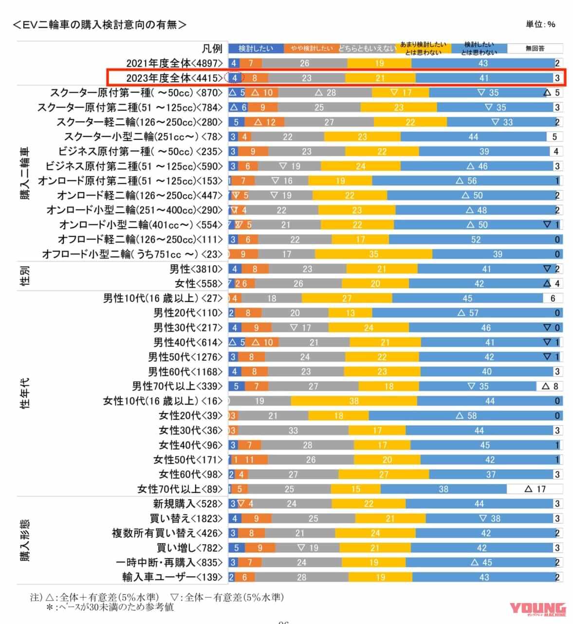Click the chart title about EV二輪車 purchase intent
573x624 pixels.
[100, 24]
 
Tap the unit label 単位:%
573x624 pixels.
[540, 24]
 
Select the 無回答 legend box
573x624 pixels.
[535, 49]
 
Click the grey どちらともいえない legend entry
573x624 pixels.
[367, 49]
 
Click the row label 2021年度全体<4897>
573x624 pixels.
[174, 63]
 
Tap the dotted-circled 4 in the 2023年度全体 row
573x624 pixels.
[235, 78]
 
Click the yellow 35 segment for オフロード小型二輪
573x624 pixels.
[373, 254]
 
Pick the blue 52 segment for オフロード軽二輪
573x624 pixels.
[475, 239]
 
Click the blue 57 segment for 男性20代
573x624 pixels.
[467, 313]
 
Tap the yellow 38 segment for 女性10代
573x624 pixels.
[354, 401]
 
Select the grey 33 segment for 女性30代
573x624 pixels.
[293, 430]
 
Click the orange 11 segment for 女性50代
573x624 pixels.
[250, 460]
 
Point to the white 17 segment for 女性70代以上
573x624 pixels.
[535, 489]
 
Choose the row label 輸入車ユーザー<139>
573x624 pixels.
[172, 577]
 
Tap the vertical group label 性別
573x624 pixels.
[25, 276]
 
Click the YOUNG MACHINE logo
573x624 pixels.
[537, 609]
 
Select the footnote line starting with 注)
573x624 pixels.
[157, 597]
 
